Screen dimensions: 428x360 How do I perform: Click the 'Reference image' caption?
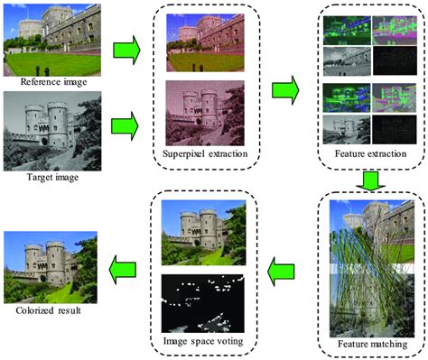click(x=53, y=82)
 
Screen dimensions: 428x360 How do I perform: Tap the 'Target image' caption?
click(x=52, y=177)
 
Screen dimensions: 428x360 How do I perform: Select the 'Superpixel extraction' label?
click(x=205, y=153)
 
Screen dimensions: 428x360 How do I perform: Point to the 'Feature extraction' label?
click(x=370, y=153)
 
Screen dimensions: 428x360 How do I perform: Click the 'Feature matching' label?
click(x=372, y=344)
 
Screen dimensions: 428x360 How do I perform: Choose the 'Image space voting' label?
click(x=203, y=341)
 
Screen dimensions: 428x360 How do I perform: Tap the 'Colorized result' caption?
click(x=48, y=310)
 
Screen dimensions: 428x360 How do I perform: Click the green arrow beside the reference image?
click(x=126, y=50)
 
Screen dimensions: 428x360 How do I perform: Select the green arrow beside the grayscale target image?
click(x=125, y=126)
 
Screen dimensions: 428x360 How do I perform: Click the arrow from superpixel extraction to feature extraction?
click(x=285, y=90)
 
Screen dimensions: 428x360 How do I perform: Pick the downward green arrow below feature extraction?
click(x=370, y=180)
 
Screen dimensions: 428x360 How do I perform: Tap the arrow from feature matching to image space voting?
click(x=281, y=272)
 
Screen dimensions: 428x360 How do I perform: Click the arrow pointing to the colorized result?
click(x=123, y=270)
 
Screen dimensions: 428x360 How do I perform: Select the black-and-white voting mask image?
click(x=203, y=303)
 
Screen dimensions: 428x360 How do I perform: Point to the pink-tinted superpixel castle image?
click(x=205, y=113)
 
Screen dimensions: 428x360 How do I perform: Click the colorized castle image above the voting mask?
click(x=203, y=233)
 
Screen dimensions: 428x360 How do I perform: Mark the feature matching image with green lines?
click(x=372, y=269)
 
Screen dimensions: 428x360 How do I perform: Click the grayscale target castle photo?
click(x=52, y=131)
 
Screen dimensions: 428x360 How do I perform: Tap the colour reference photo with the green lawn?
click(x=52, y=40)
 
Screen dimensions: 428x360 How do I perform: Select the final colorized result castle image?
click(x=51, y=267)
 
